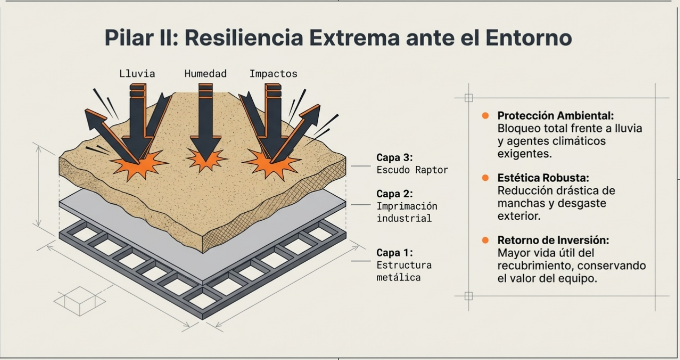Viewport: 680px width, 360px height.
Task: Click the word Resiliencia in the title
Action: [x=244, y=37]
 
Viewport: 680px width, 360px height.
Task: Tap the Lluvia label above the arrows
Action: [x=137, y=74]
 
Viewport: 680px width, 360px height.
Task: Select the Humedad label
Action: [x=205, y=74]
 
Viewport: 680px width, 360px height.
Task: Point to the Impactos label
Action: [x=273, y=74]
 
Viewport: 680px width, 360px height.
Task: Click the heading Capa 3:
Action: [x=394, y=158]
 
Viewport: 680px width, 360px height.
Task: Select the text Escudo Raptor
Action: [x=412, y=170]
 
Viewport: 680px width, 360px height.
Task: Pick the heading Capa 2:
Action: [x=394, y=194]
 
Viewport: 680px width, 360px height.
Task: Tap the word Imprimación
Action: [x=407, y=206]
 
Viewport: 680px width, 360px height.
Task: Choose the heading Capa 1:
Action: [x=394, y=253]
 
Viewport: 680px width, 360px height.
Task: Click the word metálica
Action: [x=399, y=277]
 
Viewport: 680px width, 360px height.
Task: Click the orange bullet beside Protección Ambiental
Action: [x=486, y=115]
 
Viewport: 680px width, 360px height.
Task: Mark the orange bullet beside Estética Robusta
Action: [x=486, y=178]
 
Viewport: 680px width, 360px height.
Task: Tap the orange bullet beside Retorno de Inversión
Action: [x=486, y=240]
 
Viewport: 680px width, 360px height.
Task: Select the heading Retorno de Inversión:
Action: [x=553, y=240]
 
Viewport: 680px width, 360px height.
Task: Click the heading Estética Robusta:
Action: [x=543, y=178]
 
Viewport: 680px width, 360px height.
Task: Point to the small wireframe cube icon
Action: [x=79, y=301]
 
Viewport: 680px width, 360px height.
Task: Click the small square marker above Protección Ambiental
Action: [x=469, y=98]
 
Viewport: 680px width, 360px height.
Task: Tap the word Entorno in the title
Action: [x=529, y=37]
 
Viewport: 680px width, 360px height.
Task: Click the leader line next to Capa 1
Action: [x=361, y=261]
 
